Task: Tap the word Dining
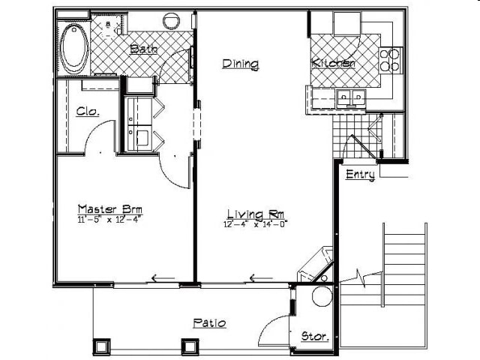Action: [240, 64]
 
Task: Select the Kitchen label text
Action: [334, 64]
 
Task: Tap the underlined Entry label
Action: [360, 175]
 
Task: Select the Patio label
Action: [210, 323]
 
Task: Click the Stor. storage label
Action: [314, 337]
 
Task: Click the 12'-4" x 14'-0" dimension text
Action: [256, 223]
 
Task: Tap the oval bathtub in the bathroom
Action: [74, 49]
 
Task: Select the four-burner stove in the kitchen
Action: [389, 60]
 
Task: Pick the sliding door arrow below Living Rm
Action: [261, 279]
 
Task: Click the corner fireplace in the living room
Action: [315, 264]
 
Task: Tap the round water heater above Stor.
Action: [322, 296]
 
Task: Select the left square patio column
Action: [100, 346]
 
